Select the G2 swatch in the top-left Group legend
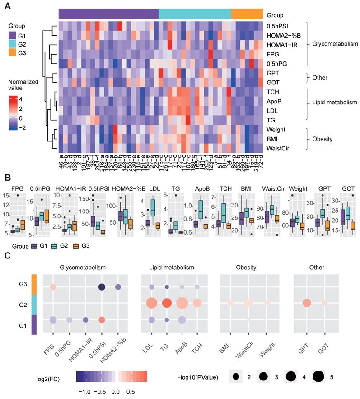(14, 45)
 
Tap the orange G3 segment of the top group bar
(247, 14)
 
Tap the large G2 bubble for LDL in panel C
(152, 303)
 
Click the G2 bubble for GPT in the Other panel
(307, 303)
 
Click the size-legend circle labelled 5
(318, 376)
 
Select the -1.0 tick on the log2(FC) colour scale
(83, 390)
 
